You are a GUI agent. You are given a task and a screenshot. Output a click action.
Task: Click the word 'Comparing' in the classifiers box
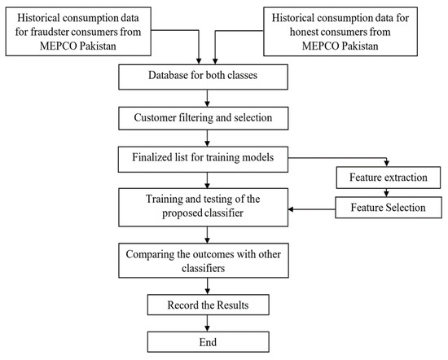pos(156,252)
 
